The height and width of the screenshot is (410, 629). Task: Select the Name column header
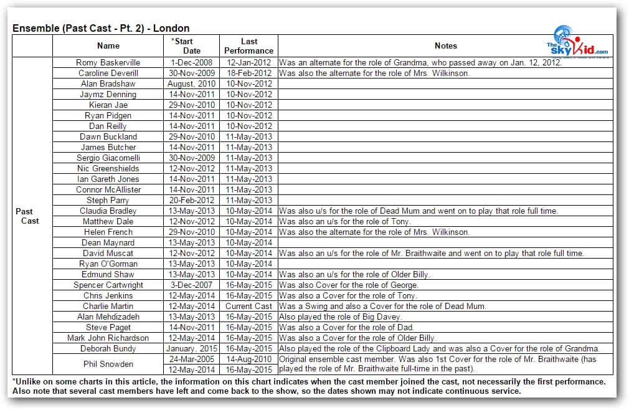click(108, 45)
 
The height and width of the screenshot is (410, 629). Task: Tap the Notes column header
click(445, 45)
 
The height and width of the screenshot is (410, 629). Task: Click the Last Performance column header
click(248, 46)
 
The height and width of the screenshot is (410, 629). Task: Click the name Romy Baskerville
click(108, 62)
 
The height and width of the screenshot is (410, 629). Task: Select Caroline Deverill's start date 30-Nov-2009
click(192, 73)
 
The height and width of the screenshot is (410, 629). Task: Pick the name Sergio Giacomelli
click(108, 158)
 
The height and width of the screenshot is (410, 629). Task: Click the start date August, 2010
click(192, 83)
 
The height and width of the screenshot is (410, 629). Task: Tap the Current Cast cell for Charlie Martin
click(248, 306)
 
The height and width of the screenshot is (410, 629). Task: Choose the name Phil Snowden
click(108, 365)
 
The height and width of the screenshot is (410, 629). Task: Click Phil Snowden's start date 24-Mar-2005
click(192, 360)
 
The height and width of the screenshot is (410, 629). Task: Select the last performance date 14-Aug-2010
click(248, 360)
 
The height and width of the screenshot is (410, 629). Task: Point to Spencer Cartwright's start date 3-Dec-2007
click(192, 285)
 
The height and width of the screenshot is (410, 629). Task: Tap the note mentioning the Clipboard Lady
click(438, 348)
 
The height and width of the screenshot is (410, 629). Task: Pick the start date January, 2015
click(192, 348)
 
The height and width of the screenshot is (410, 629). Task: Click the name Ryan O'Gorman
click(108, 264)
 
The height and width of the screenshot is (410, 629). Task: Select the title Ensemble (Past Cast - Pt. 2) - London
click(101, 28)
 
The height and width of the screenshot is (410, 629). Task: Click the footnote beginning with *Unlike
click(309, 381)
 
